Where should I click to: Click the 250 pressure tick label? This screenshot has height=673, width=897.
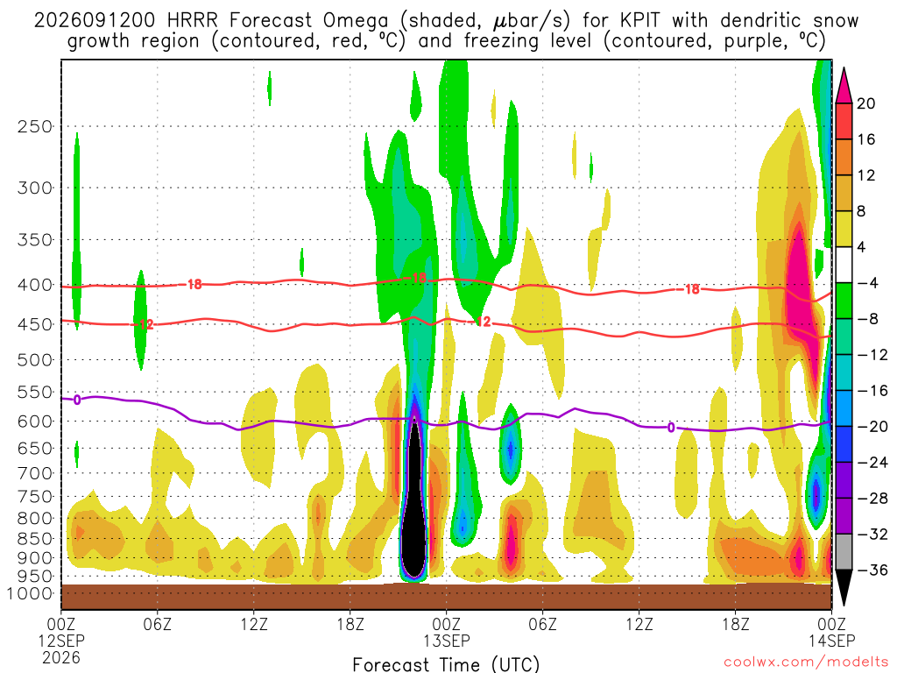[35, 126]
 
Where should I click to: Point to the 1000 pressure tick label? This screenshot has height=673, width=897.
[30, 594]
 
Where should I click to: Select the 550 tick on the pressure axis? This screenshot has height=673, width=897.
[35, 393]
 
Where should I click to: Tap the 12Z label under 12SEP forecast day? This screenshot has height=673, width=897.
[254, 624]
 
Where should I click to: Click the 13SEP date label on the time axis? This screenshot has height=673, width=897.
[447, 641]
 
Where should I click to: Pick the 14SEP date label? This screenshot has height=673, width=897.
[832, 641]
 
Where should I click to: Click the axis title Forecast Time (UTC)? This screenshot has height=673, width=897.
[446, 664]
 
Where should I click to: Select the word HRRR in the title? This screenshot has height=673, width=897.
[192, 21]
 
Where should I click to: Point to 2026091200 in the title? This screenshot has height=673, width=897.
[95, 21]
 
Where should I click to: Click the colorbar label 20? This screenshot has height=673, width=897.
[865, 103]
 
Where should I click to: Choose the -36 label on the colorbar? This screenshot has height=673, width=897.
[872, 570]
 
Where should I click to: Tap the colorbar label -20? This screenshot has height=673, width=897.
[872, 427]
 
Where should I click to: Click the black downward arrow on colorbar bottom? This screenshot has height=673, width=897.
[844, 587]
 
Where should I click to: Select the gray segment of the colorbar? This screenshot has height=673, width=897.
[844, 552]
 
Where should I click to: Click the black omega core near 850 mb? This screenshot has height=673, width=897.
[414, 515]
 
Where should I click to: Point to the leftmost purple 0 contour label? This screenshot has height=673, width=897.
[77, 400]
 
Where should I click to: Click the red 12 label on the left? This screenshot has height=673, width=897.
[146, 324]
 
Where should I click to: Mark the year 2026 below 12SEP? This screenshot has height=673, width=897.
[61, 657]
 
